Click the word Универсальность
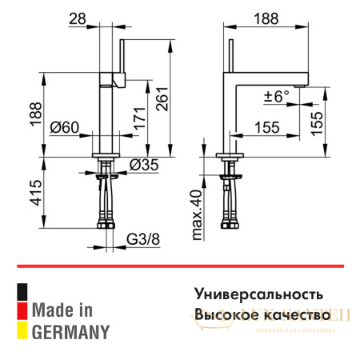pyautogui.click(x=258, y=293)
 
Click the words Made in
pyautogui.click(x=62, y=309)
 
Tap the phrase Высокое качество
pyautogui.click(x=262, y=314)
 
